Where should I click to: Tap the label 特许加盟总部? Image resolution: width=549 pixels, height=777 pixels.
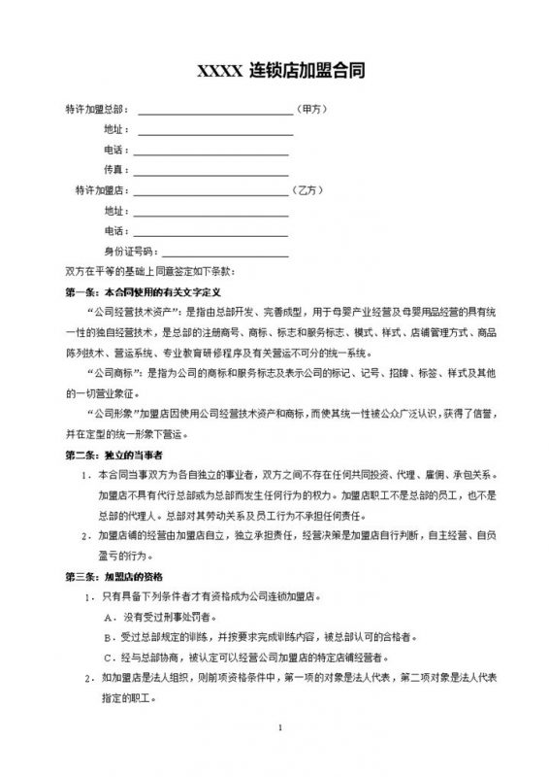96,110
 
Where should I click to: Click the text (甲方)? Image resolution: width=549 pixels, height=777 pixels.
314,110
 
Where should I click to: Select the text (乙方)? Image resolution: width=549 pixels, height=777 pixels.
309,190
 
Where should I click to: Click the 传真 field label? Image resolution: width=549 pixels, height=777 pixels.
113,170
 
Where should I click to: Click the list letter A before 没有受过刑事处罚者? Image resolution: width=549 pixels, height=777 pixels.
107,617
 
